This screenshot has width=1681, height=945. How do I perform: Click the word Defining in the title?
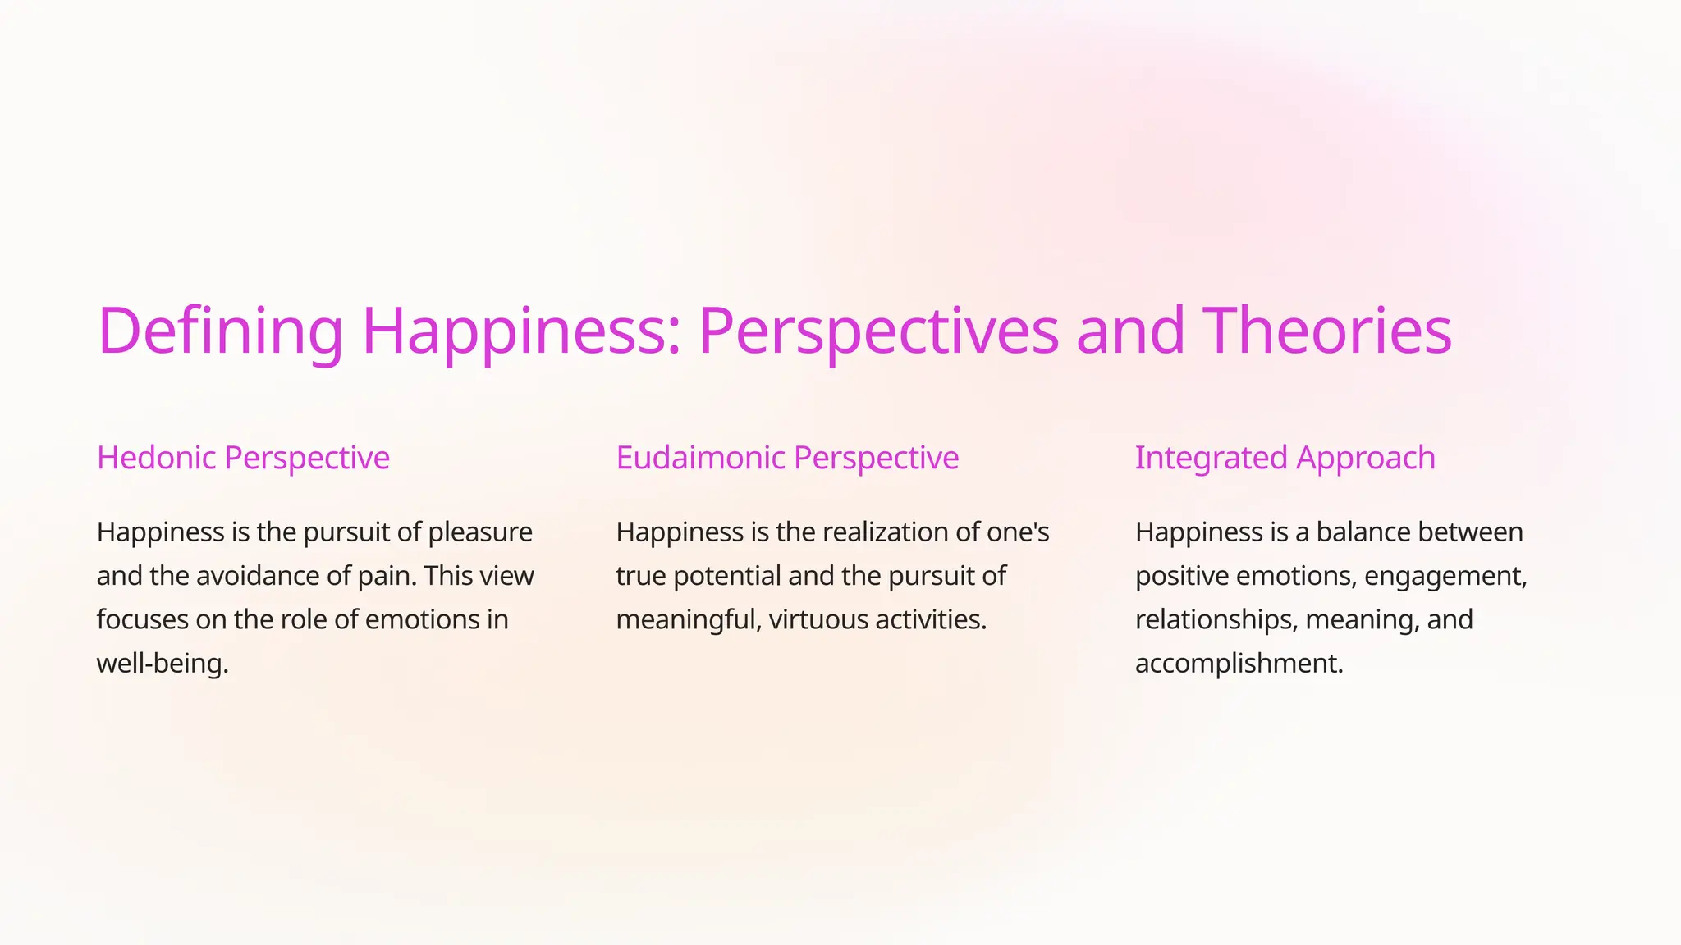(x=220, y=331)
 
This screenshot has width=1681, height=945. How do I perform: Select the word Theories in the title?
(x=1327, y=331)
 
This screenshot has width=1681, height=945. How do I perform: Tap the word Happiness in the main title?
(x=521, y=331)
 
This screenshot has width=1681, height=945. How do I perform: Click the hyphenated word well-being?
(x=163, y=663)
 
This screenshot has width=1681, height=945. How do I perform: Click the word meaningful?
(x=688, y=619)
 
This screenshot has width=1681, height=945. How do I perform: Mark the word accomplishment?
(x=1239, y=663)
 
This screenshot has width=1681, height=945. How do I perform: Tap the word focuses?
(x=142, y=619)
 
